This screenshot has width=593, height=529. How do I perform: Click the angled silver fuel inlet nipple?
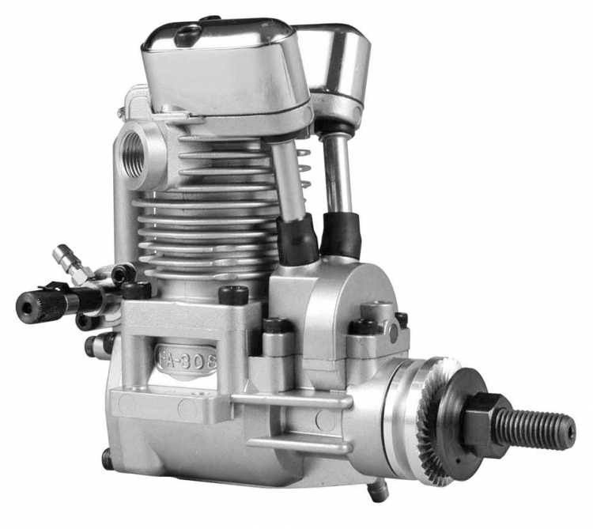[69, 261]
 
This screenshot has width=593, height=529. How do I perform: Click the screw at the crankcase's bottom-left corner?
[107, 457]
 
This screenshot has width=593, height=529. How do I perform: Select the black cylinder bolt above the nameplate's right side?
[234, 296]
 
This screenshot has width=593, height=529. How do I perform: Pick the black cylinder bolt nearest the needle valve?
[136, 290]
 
